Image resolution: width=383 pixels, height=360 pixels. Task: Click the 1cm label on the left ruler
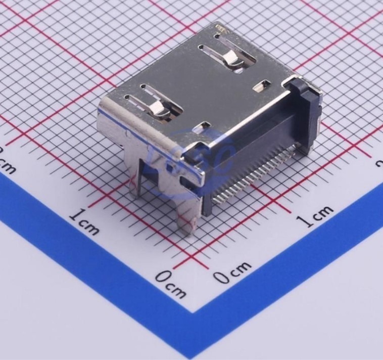point(84,222)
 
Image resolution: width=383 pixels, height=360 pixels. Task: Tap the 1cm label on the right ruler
point(314,216)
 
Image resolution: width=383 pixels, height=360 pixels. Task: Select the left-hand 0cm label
point(170,283)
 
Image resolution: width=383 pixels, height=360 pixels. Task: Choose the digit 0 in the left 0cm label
point(163,277)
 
